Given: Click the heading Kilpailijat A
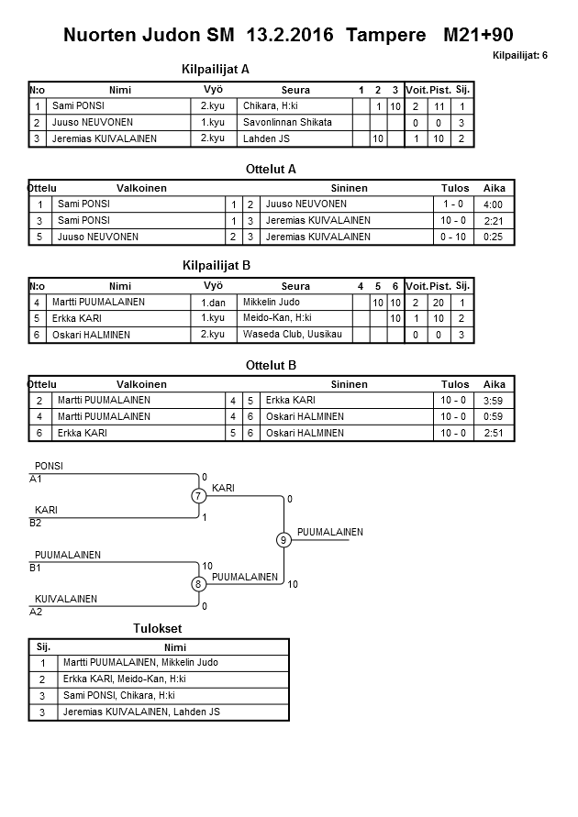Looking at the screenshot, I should tap(217, 69).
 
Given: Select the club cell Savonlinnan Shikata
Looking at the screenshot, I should tap(287, 122).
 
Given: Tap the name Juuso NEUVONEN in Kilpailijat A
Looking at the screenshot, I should tap(93, 123).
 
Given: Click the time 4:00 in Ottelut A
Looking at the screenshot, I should tap(493, 204).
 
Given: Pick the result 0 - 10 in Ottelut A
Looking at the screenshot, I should tap(452, 237).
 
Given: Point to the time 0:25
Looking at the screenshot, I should tap(493, 237).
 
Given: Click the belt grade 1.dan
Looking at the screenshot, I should tap(213, 302).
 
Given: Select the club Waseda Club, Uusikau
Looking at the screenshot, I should tap(292, 334).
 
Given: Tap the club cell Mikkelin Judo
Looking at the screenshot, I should tap(272, 302).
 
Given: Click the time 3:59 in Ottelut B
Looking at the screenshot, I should tap(493, 401).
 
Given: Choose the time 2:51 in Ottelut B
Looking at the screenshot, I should tap(493, 433).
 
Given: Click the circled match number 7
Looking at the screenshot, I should tap(198, 496).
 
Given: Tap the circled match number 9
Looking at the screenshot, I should tap(284, 540).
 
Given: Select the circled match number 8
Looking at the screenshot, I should tap(198, 584).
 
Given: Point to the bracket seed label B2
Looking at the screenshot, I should tap(36, 523).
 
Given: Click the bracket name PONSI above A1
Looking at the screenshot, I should tap(49, 467).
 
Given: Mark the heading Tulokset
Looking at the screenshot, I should tap(158, 628).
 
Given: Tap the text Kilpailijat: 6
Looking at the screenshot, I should tap(519, 55).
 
